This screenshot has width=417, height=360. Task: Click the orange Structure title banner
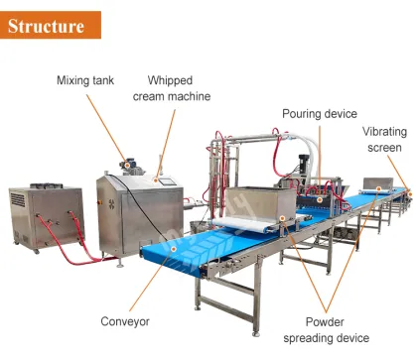pos(50,23)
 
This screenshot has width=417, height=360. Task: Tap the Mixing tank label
pos(86,80)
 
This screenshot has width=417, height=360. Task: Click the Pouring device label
pos(319,114)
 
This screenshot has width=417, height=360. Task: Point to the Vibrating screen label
pos(382,139)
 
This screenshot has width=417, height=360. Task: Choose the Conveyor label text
pos(124,321)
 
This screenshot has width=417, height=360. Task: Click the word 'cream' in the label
pos(164,96)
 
